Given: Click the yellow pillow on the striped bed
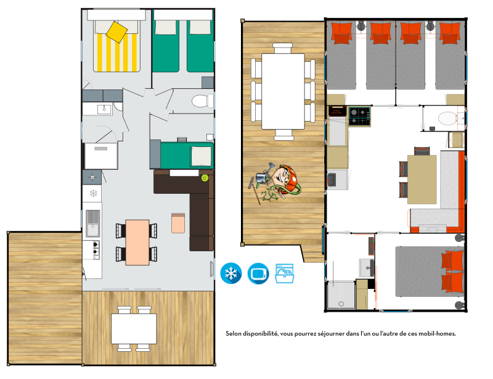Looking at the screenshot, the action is (116, 32).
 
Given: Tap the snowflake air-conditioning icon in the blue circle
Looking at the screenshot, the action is (231, 273).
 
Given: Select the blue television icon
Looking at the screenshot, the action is (258, 273).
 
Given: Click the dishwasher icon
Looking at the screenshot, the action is (285, 273).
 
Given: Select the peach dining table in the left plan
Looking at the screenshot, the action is (137, 242).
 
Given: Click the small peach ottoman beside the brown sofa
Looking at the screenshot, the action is (178, 223).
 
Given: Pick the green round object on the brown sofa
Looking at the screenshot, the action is (205, 178).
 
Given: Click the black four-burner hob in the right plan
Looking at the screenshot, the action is (359, 117).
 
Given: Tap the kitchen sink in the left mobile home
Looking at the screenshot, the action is (93, 223).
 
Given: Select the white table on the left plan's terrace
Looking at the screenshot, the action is (134, 329).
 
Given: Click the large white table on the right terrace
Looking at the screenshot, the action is (283, 91).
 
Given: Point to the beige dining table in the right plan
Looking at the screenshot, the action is (422, 180).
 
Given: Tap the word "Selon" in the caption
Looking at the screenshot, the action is (233, 334).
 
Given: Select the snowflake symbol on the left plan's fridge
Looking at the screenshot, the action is (94, 193).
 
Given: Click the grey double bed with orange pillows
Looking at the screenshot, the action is (430, 272).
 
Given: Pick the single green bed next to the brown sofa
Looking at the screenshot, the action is (187, 156).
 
